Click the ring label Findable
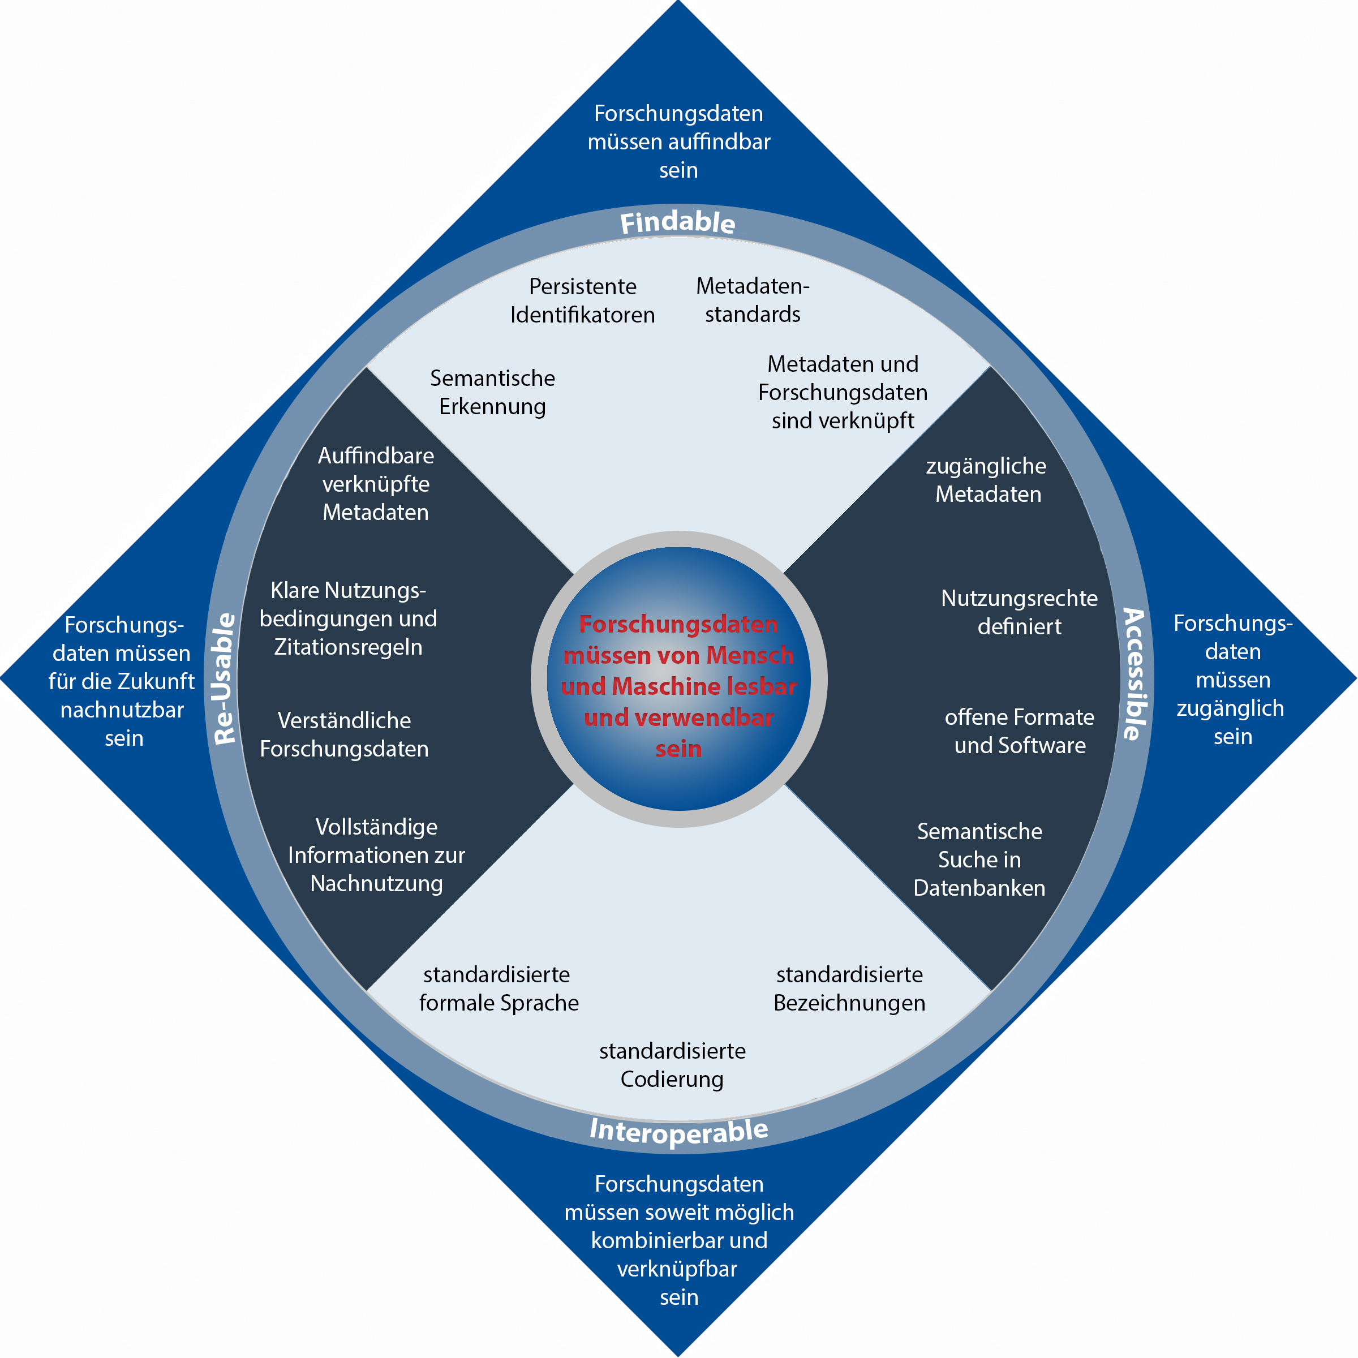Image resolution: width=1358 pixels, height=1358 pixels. point(678,222)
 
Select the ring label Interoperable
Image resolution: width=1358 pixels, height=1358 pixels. point(679,1132)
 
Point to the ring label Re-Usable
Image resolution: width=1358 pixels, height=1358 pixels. point(224,679)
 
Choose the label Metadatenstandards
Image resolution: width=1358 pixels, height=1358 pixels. point(752,300)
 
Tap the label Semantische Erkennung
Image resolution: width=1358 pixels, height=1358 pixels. point(492,392)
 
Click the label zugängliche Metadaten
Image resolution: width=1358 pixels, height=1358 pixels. point(987,480)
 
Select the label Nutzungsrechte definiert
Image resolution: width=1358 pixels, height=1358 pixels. point(1019,612)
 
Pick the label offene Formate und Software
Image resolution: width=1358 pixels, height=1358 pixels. point(1019,731)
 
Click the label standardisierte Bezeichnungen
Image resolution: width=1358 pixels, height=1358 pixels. point(849,989)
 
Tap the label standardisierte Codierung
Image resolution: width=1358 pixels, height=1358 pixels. point(672,1065)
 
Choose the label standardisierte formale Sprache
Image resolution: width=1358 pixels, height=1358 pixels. point(498,989)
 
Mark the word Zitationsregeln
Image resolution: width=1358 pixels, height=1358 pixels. point(348,647)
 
